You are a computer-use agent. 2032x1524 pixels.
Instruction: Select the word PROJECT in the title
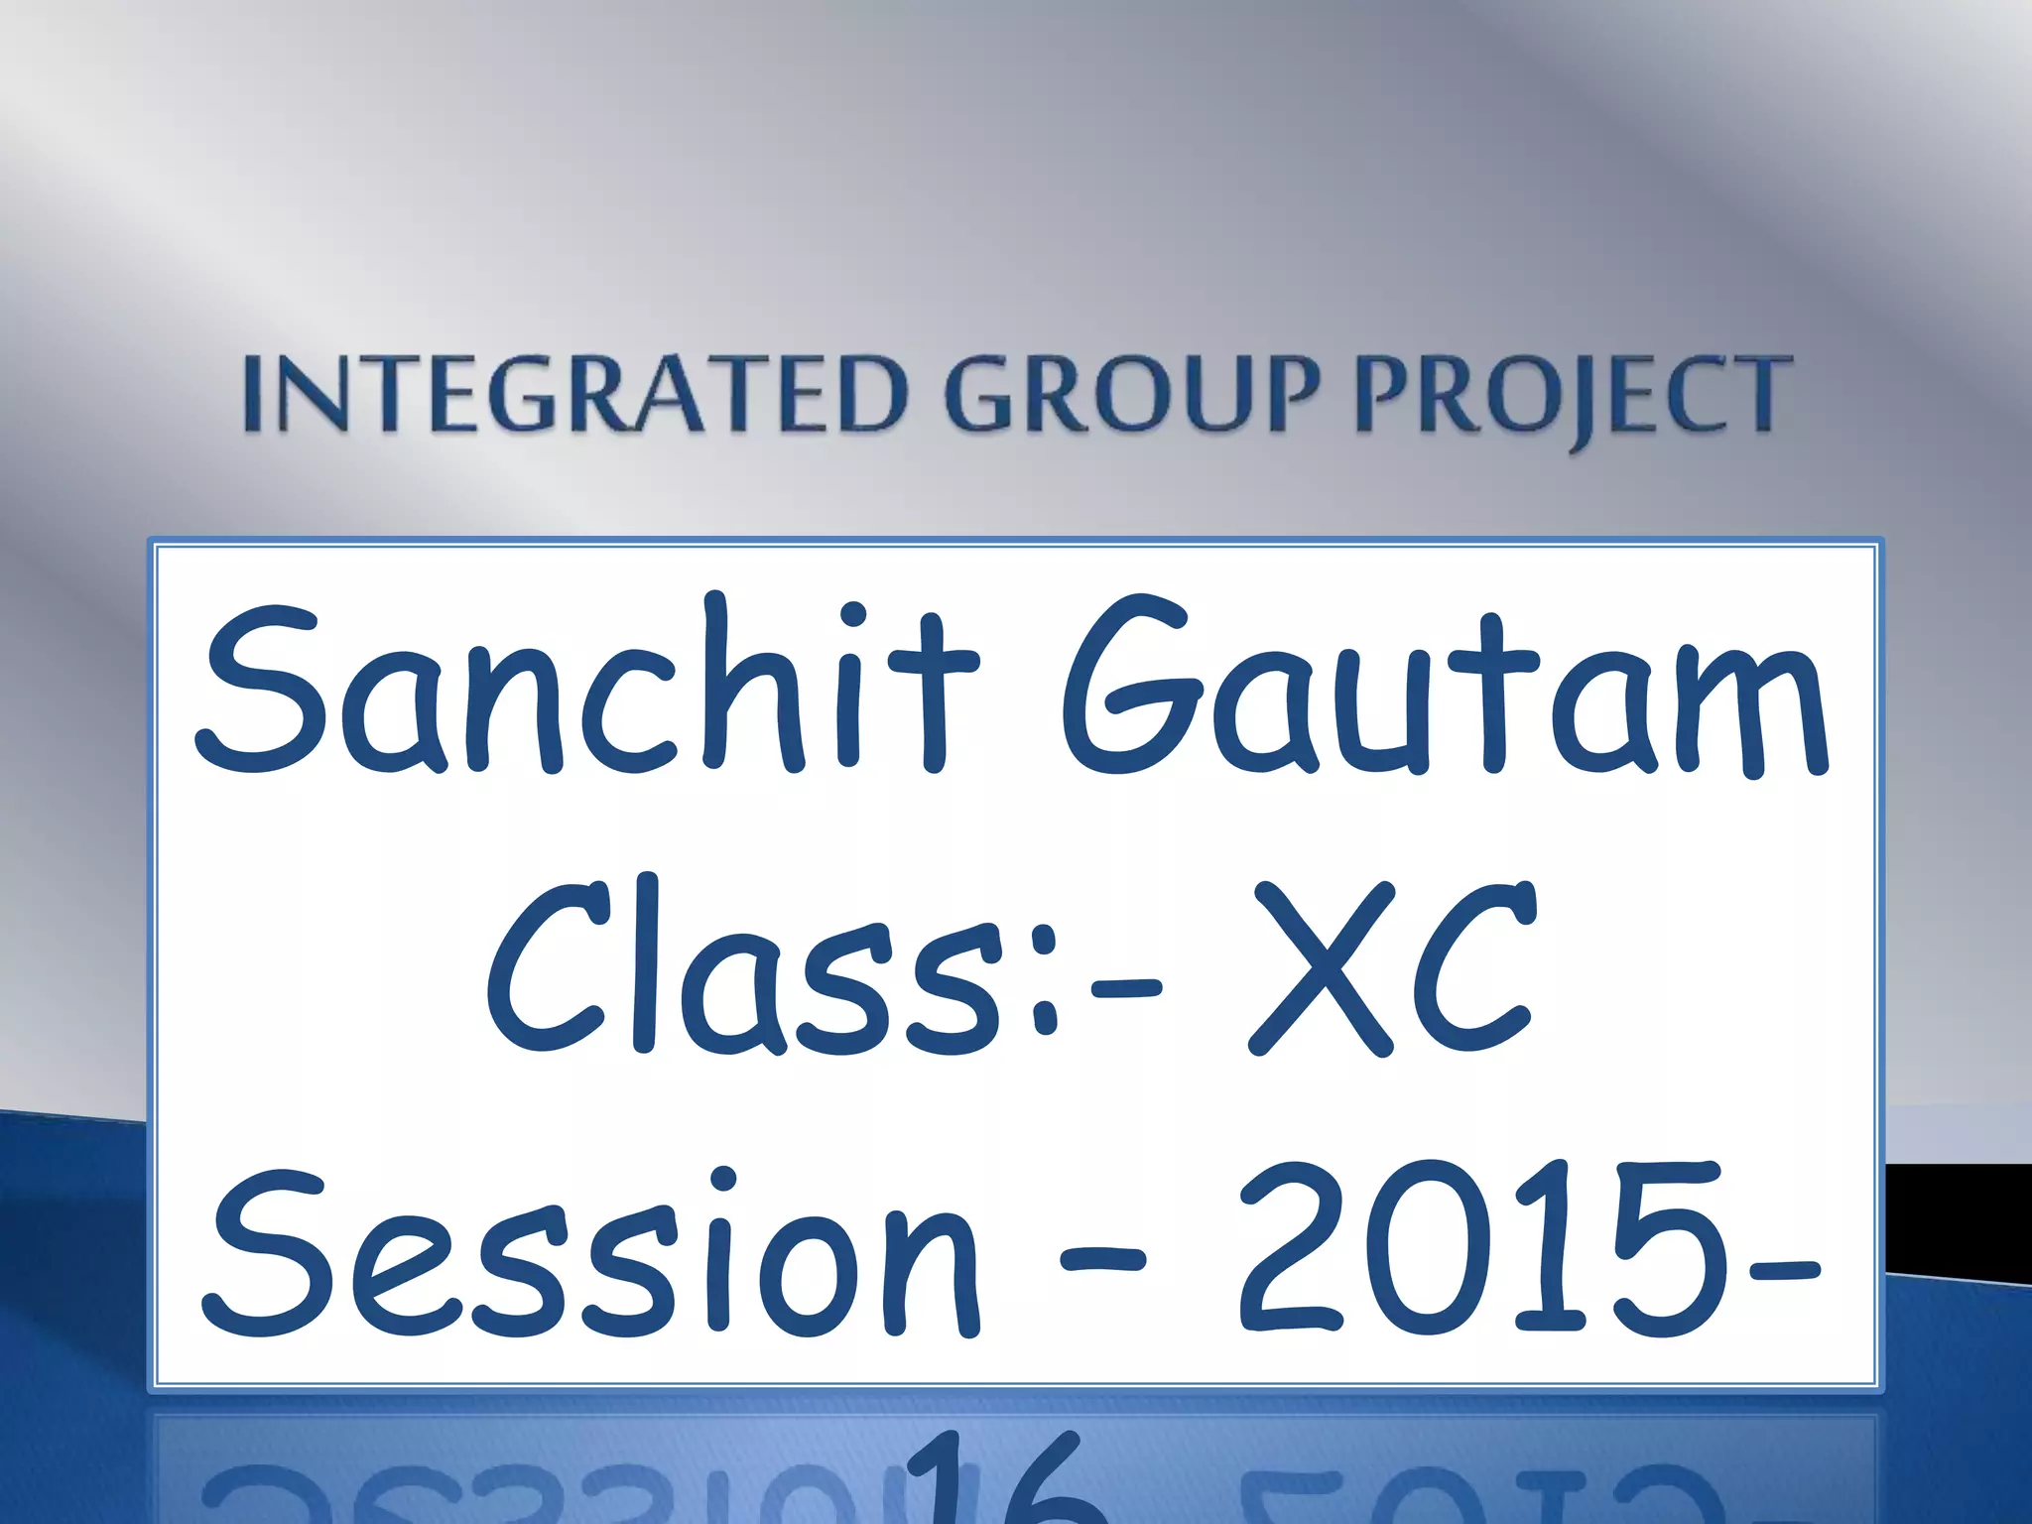point(1574,397)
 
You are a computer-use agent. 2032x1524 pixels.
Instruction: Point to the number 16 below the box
point(1002,1478)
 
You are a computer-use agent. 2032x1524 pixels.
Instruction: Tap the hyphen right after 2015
point(1781,1268)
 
